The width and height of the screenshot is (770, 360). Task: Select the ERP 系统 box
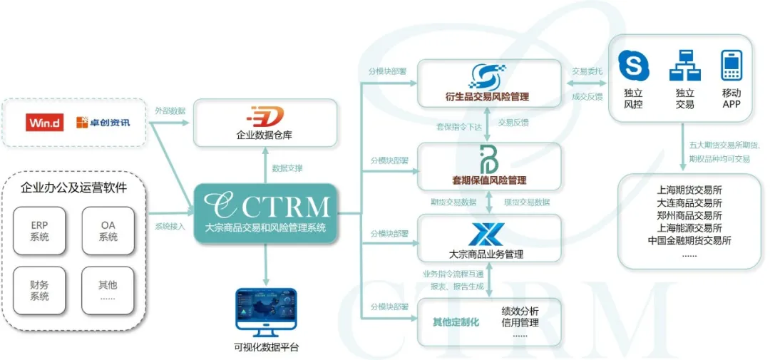point(39,231)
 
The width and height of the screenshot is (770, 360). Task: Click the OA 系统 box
point(108,231)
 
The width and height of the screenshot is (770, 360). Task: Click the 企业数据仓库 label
point(265,134)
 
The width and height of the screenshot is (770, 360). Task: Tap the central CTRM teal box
point(265,212)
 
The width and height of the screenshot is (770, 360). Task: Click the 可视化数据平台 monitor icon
point(265,313)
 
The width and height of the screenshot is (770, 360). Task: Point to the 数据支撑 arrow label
point(287,168)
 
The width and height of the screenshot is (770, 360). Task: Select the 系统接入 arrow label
point(170,227)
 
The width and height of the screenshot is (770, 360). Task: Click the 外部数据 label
point(170,111)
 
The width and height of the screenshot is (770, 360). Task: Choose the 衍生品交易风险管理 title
point(488,96)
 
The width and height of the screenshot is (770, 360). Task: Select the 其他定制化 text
point(456,322)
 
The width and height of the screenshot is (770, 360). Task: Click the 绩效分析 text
point(520,311)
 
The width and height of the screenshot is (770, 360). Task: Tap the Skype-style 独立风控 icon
point(634,66)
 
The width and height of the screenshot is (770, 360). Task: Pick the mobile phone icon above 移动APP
point(732,66)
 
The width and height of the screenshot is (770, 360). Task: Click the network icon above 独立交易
point(684,66)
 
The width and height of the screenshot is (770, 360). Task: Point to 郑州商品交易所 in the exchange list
point(689,215)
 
